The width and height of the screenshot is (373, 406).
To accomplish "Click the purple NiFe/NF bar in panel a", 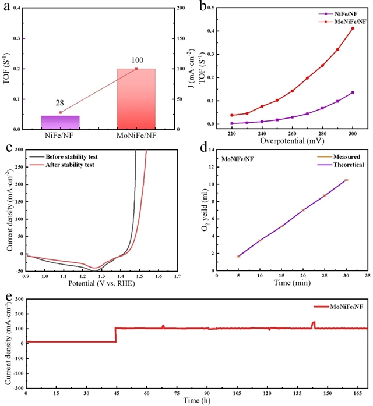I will coord(61,122).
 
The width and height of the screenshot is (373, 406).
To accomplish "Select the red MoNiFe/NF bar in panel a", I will coord(136,99).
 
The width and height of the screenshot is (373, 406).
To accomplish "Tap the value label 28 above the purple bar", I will coord(60,102).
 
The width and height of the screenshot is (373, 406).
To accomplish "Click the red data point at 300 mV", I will coord(352,29).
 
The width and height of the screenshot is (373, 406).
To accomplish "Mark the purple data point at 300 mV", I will coord(352,92).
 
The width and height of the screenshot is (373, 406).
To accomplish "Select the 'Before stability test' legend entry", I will coord(62,157).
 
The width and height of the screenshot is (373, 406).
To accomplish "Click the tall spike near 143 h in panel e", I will coord(314,323).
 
